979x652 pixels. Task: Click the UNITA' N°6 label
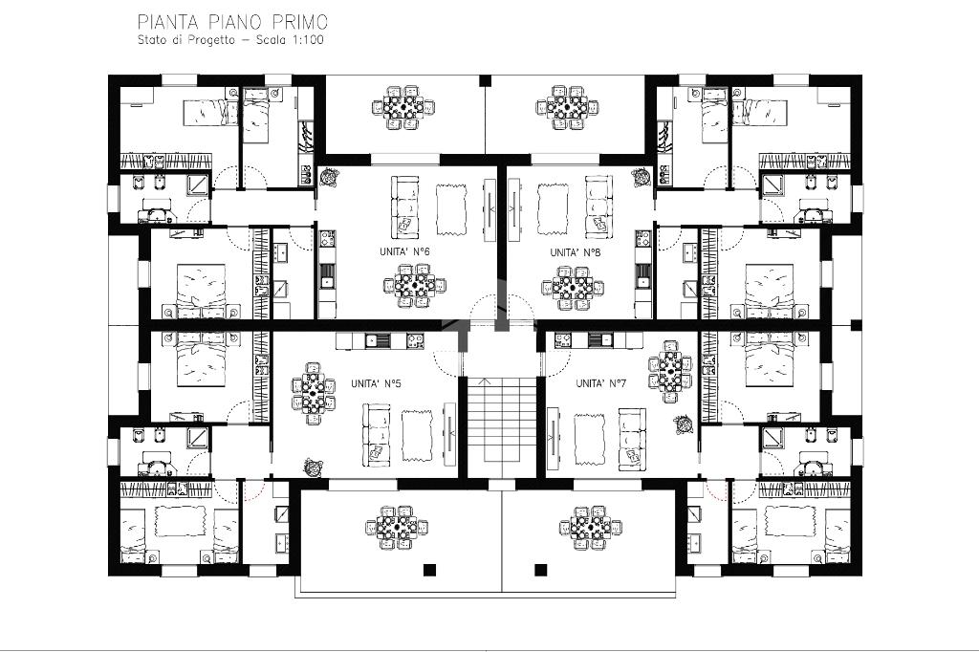[404, 251]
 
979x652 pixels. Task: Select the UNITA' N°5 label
[376, 383]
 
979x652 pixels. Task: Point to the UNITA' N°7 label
[600, 383]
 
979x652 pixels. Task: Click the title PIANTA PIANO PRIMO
[232, 23]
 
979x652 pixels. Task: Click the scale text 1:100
[307, 40]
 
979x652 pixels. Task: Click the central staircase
[503, 421]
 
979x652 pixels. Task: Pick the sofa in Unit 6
[405, 206]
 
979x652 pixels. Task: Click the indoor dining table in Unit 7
[670, 372]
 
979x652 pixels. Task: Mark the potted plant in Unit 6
[328, 178]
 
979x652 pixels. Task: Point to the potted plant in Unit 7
[684, 424]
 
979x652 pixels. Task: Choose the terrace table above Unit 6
[403, 107]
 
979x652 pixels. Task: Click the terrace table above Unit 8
[567, 107]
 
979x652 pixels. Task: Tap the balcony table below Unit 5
[397, 528]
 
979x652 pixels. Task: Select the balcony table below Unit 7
[591, 528]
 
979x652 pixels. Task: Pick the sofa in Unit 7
[633, 440]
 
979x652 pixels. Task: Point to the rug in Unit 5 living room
[417, 436]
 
